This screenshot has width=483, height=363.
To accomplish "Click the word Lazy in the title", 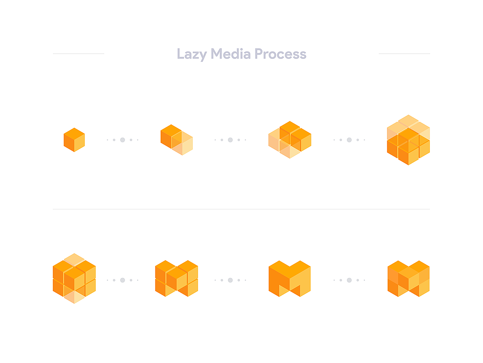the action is [192, 54].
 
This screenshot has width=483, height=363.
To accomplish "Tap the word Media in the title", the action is [231, 54].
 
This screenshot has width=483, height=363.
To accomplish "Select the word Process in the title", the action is [280, 54].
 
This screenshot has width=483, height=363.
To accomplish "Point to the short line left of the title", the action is [78, 54].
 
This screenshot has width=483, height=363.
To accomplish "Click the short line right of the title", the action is [404, 54].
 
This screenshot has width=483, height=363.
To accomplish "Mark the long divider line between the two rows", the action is [241, 209].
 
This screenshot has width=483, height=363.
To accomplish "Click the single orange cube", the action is [74, 140].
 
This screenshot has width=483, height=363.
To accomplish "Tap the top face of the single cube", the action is [74, 134].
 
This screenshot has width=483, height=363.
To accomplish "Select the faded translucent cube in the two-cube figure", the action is [182, 143].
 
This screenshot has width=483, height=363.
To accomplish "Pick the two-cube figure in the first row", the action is [177, 140].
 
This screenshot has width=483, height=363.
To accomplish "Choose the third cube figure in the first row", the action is [290, 140].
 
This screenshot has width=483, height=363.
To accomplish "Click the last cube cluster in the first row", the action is [409, 140].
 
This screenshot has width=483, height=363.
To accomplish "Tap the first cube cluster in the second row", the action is [74, 278].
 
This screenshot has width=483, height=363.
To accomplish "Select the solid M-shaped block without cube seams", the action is [289, 279].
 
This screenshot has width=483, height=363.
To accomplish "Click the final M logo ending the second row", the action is [409, 279].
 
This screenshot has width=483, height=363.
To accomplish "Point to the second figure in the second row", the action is [176, 278].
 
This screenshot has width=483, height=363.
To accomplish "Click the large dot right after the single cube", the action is [123, 140].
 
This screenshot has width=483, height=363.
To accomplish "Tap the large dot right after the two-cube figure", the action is [230, 140].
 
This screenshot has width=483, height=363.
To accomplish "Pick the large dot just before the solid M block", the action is [230, 280].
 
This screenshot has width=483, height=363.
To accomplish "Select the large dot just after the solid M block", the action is [349, 280].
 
